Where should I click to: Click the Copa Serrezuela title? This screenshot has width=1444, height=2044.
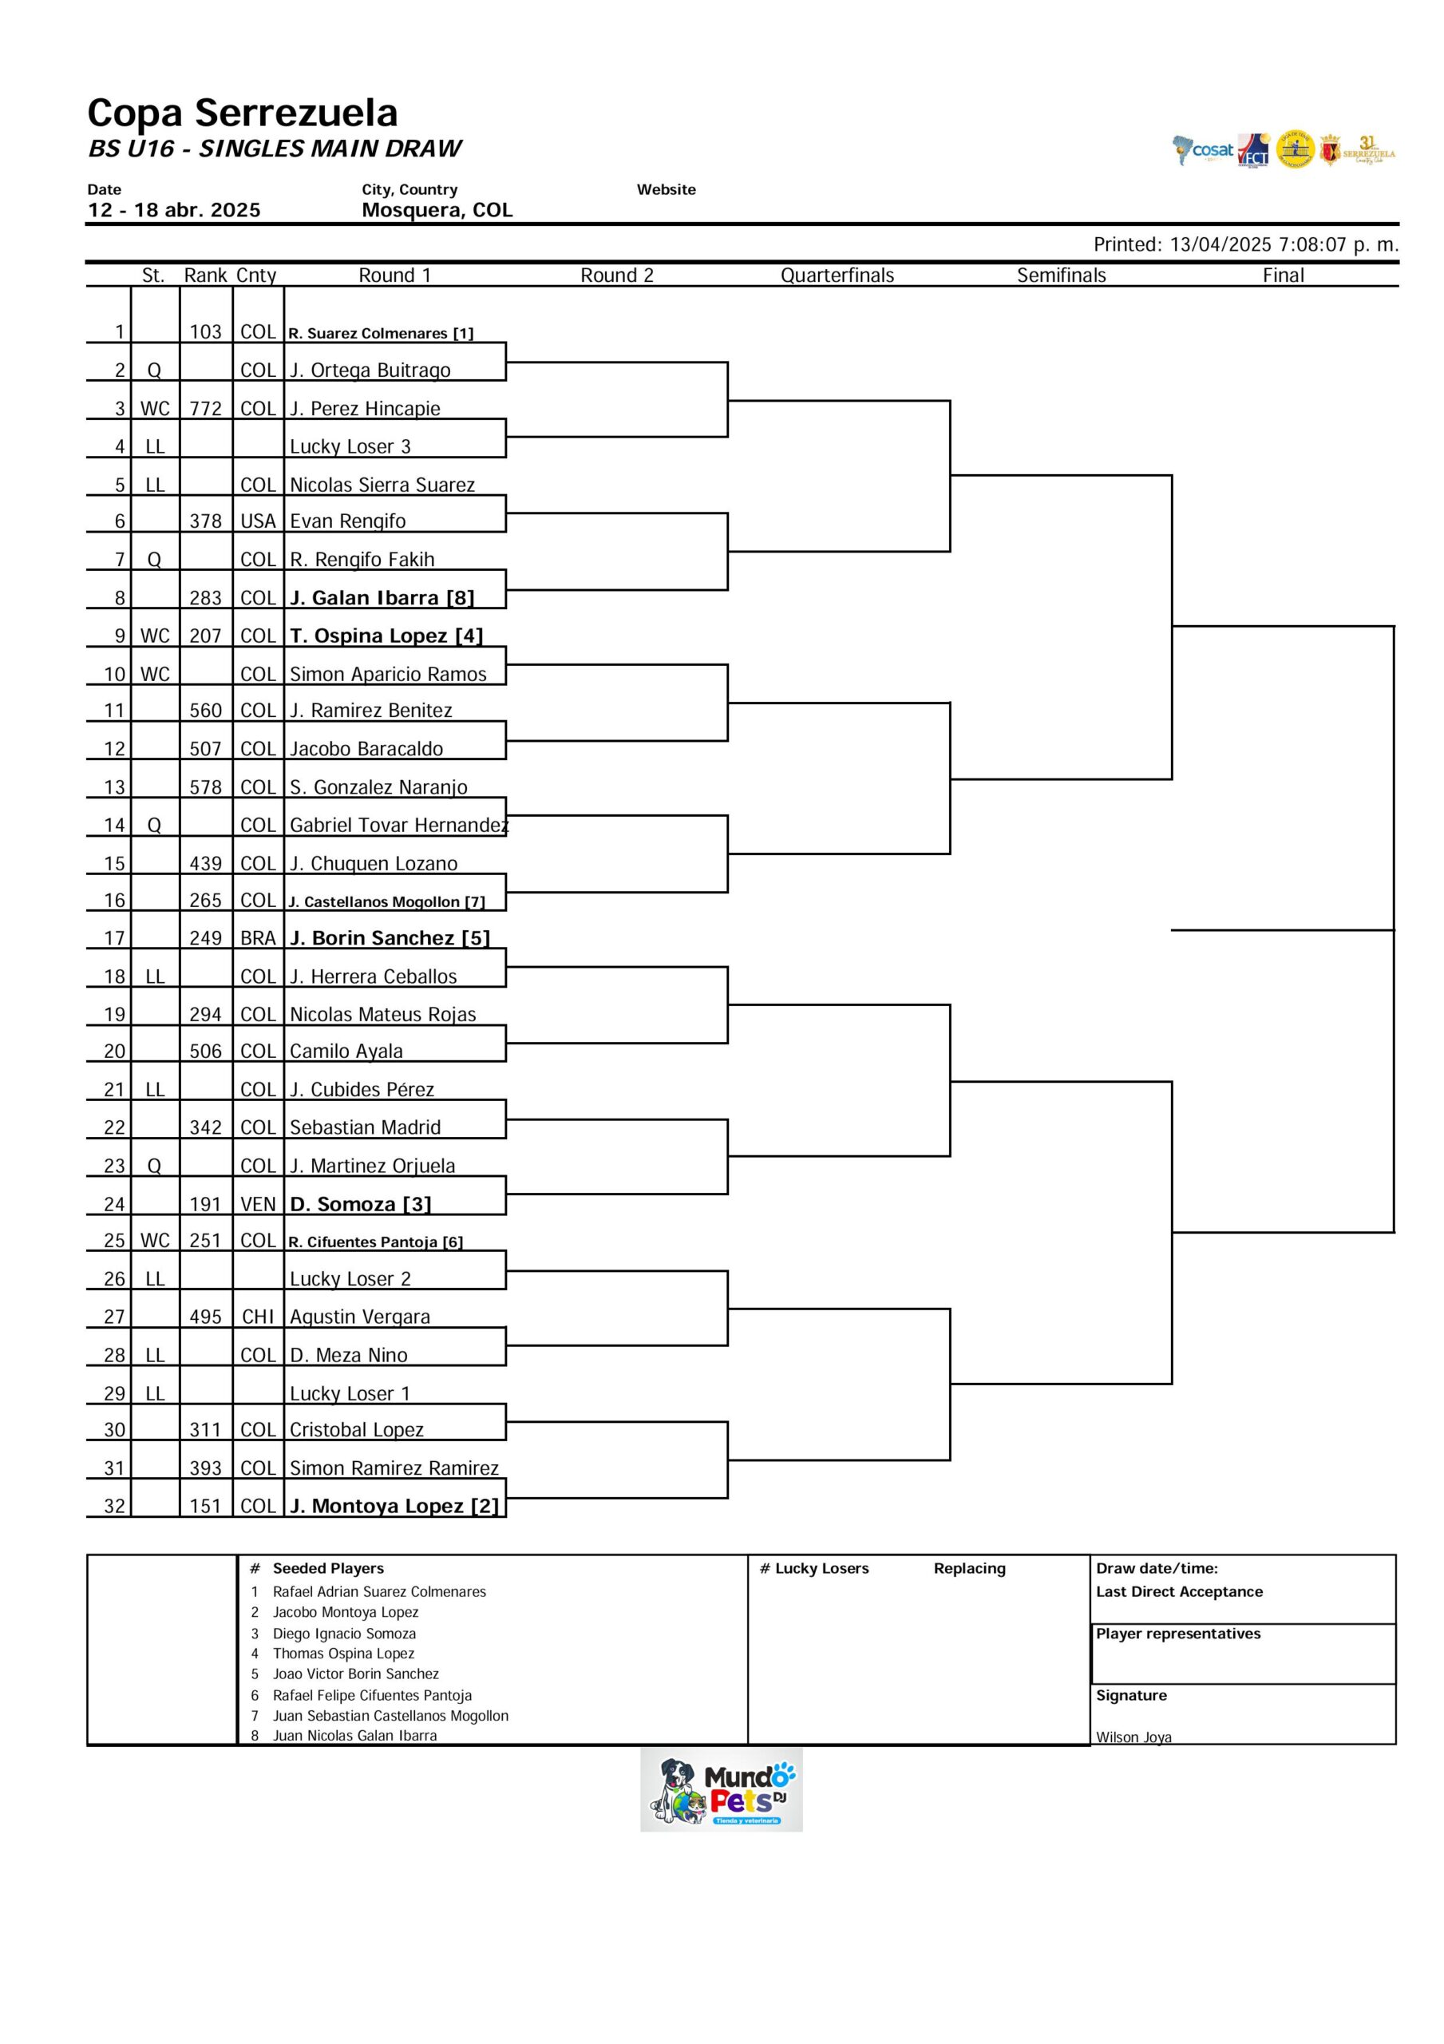click(x=242, y=113)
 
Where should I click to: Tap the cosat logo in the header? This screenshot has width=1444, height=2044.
click(x=1203, y=150)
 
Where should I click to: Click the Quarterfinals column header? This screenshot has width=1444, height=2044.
click(x=837, y=275)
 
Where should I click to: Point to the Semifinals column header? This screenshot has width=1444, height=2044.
click(x=1061, y=275)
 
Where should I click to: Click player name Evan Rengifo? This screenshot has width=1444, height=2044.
click(x=347, y=521)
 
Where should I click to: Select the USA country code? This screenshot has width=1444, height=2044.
click(x=258, y=521)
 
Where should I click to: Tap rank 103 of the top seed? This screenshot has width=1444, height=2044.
click(x=205, y=332)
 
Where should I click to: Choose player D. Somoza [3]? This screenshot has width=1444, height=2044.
click(x=361, y=1205)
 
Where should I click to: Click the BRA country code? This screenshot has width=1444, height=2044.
click(x=258, y=938)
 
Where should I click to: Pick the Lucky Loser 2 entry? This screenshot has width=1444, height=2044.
click(x=350, y=1279)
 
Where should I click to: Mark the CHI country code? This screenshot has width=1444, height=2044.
click(x=258, y=1317)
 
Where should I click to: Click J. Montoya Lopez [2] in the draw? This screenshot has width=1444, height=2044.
click(x=394, y=1507)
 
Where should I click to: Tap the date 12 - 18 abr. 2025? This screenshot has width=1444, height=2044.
click(x=173, y=210)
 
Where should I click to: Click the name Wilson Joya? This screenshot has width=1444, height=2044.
click(x=1133, y=1737)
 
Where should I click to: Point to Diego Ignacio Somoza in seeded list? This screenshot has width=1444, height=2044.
click(x=344, y=1634)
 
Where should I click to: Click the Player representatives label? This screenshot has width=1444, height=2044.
click(x=1178, y=1634)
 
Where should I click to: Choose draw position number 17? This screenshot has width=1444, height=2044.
click(x=115, y=938)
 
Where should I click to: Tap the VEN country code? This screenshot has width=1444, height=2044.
click(x=258, y=1205)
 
